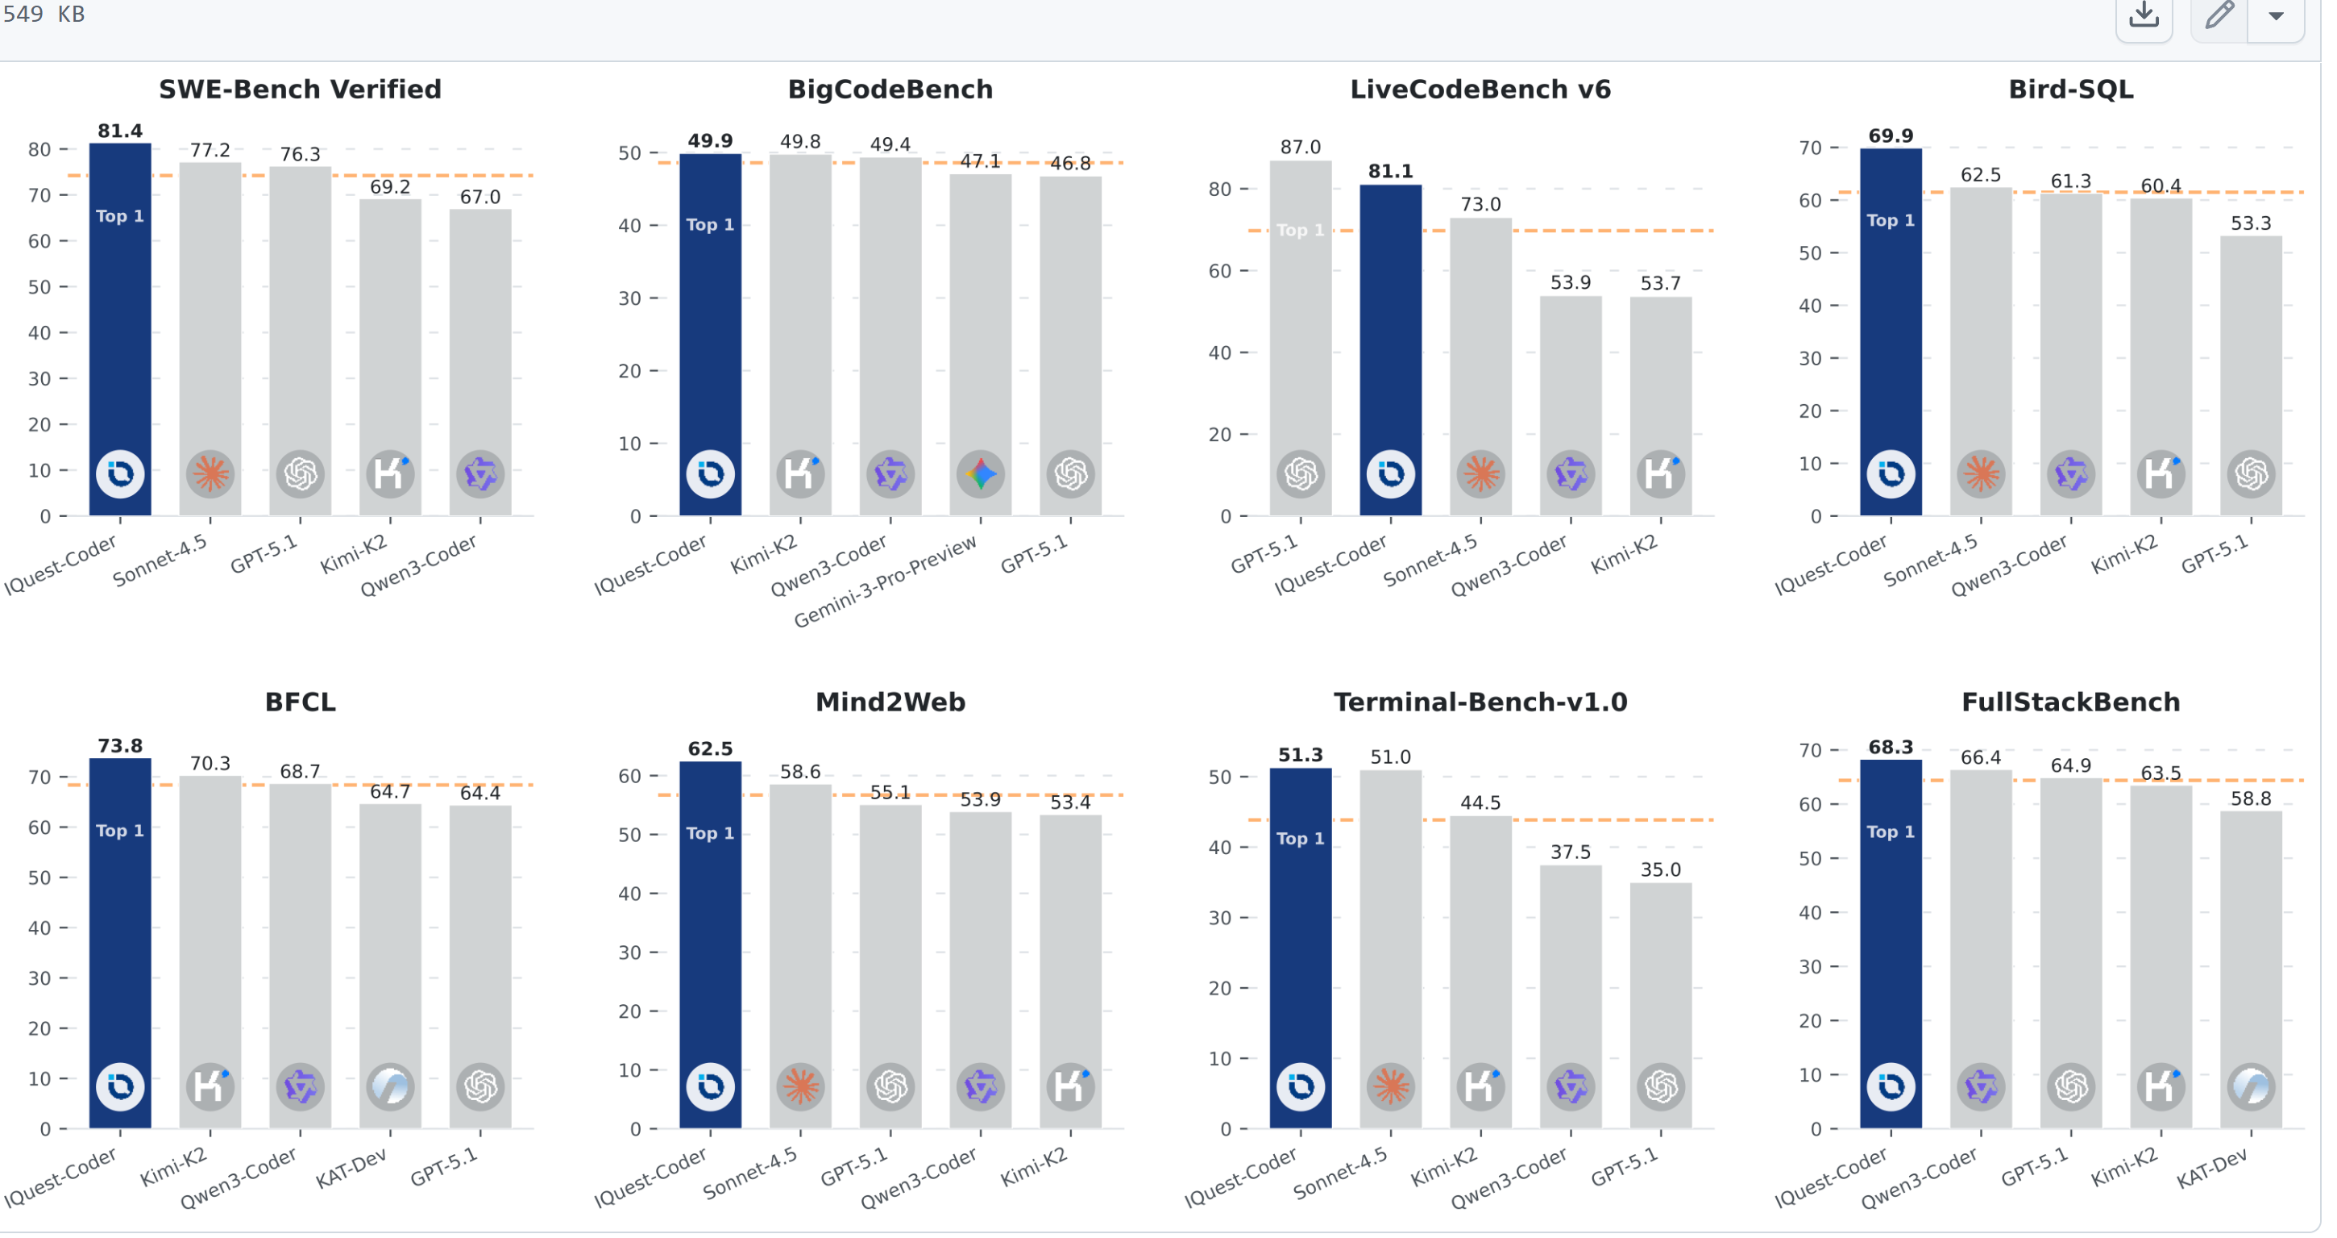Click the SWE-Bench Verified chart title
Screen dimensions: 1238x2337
(301, 89)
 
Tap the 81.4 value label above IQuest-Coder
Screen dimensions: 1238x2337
(120, 131)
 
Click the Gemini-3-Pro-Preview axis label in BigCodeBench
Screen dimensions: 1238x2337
(886, 581)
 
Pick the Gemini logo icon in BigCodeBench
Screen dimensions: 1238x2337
(981, 473)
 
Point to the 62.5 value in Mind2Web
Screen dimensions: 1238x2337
(710, 748)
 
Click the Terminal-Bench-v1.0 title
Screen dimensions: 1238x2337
(1480, 702)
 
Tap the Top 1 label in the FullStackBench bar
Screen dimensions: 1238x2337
(1891, 832)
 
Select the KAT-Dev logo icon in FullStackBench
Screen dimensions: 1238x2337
(2251, 1086)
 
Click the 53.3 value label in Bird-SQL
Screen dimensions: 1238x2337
(2251, 223)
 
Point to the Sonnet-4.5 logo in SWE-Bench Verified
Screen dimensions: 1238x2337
(210, 473)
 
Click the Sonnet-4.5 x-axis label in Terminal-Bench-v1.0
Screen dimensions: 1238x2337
(1342, 1173)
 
